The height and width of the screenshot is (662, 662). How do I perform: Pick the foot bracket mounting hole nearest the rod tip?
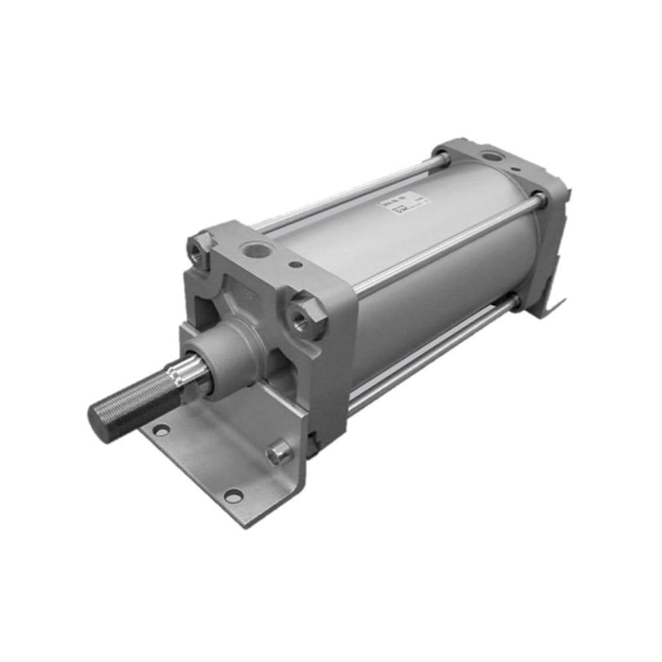pyautogui.click(x=160, y=430)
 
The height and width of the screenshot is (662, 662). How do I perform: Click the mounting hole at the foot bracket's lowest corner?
pyautogui.click(x=232, y=495)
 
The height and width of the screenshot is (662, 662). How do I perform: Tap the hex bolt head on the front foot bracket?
pyautogui.click(x=279, y=453)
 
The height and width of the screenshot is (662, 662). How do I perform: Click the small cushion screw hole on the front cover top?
pyautogui.click(x=296, y=265)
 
